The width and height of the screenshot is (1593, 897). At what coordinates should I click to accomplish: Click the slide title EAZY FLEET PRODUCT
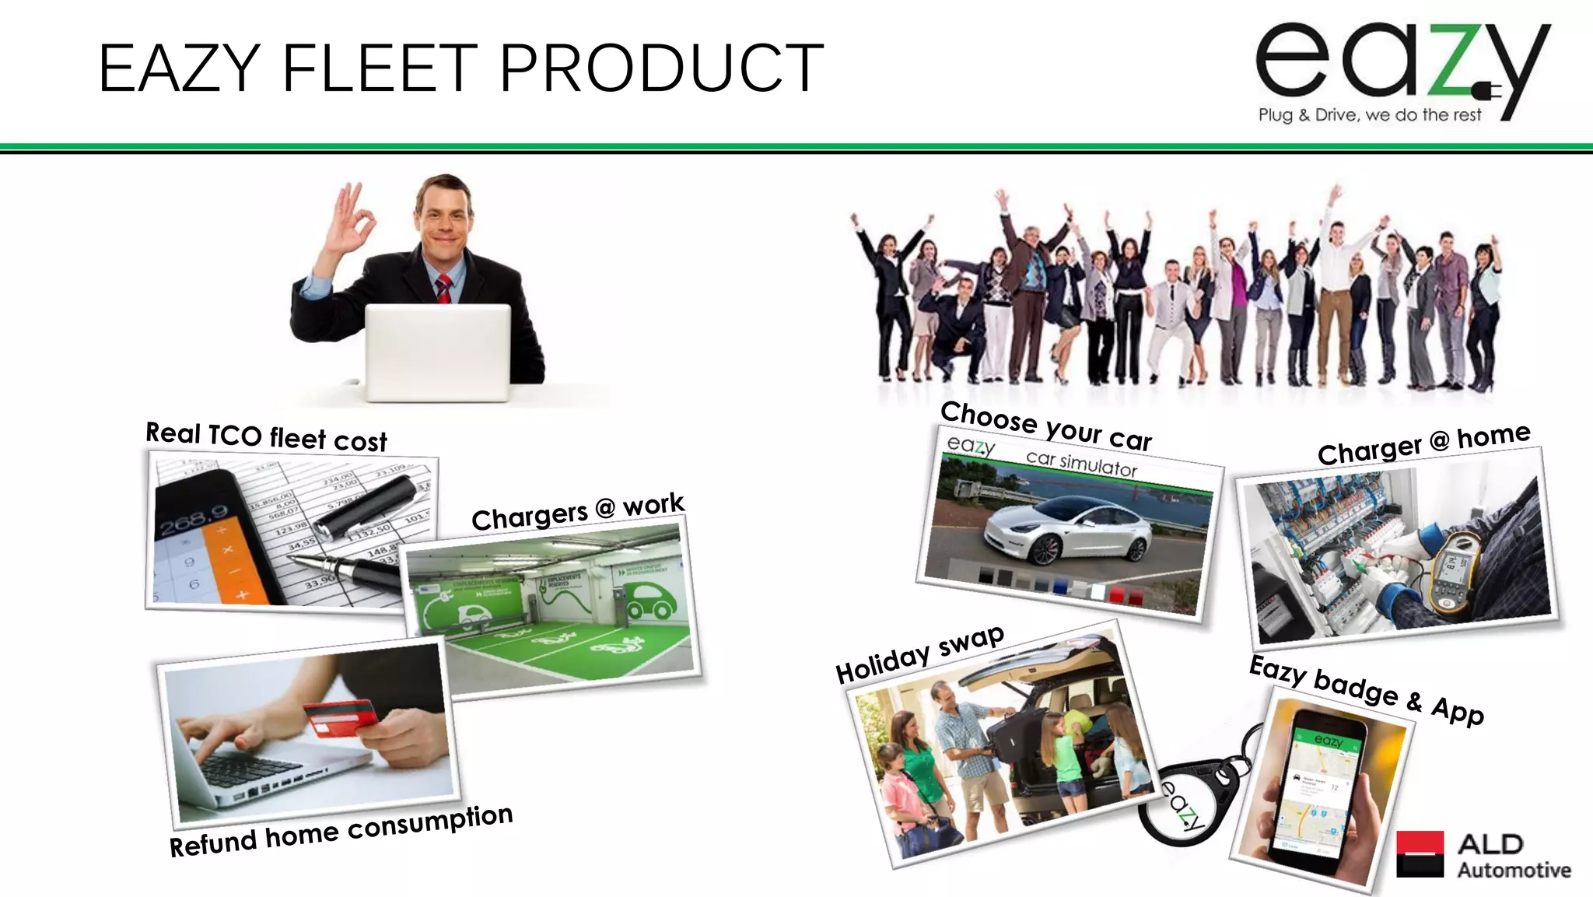tap(460, 68)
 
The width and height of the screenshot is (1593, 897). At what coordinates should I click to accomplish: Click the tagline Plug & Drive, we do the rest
tap(1370, 115)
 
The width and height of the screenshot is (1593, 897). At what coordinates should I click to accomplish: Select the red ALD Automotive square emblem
tap(1420, 853)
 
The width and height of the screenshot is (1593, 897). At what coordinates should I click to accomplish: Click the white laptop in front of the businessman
tap(438, 352)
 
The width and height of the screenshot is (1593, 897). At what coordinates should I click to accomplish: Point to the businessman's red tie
tap(443, 289)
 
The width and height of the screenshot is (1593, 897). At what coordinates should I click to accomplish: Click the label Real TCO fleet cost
tap(266, 437)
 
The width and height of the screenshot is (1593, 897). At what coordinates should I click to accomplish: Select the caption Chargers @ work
tap(577, 512)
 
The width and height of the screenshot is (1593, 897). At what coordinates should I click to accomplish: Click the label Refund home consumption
tap(341, 832)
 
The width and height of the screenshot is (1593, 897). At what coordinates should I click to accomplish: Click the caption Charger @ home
tap(1423, 443)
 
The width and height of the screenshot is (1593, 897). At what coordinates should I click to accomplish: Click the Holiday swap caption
tap(919, 654)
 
